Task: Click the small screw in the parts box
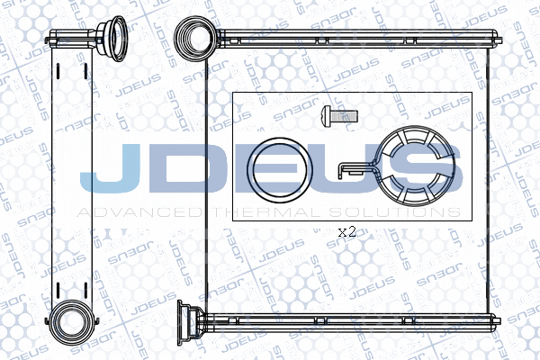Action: (x=339, y=114)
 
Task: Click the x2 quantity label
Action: (x=346, y=231)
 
